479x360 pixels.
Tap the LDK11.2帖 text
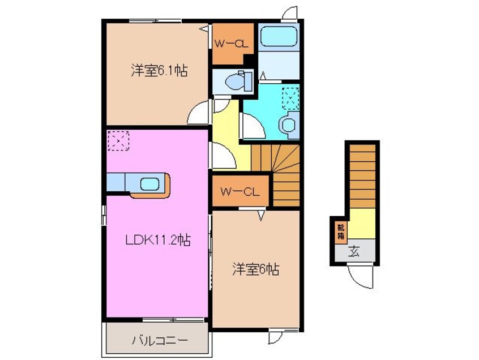click(157, 240)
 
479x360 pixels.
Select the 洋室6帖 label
click(254, 269)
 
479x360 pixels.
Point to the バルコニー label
click(160, 341)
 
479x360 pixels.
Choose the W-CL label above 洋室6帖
click(240, 192)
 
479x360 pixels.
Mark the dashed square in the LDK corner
click(118, 141)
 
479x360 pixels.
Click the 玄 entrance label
click(353, 251)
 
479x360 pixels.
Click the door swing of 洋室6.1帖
click(199, 113)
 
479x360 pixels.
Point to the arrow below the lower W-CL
click(262, 215)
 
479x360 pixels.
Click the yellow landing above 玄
click(362, 222)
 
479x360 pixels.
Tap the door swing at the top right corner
click(290, 12)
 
